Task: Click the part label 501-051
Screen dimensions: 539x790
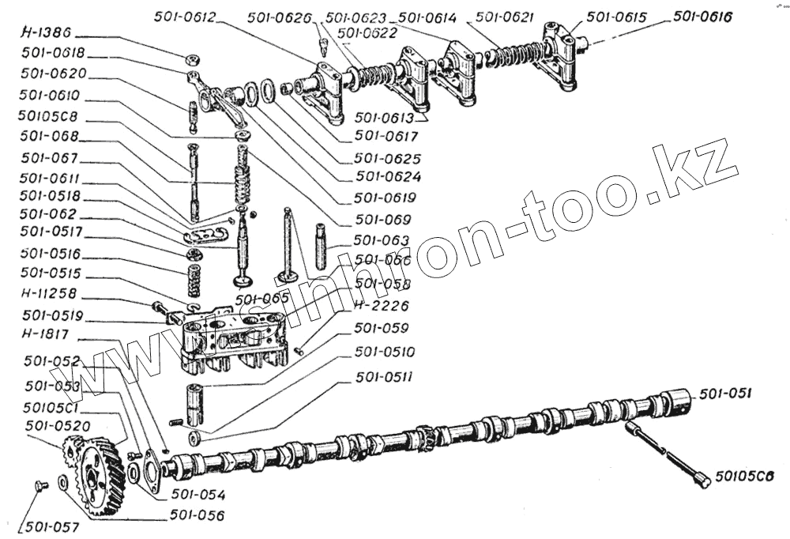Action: (x=725, y=392)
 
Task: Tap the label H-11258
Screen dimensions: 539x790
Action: (x=53, y=296)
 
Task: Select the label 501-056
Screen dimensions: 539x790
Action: (x=197, y=515)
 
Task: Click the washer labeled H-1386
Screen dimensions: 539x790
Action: (x=190, y=60)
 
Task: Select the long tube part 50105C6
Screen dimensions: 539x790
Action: (x=667, y=454)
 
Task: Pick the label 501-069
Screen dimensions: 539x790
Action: (x=382, y=219)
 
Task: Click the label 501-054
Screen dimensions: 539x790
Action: (x=198, y=496)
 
